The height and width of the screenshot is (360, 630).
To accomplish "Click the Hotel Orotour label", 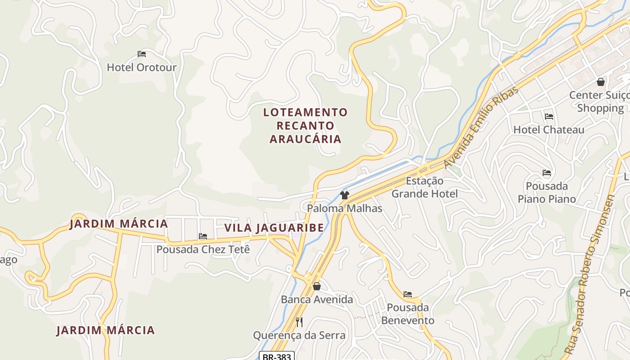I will [x=141, y=67].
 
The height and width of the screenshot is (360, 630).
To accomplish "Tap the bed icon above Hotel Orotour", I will [x=142, y=54].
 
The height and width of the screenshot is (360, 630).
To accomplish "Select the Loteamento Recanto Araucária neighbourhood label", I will [x=306, y=126].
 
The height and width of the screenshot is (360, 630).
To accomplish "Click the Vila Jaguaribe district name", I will [x=274, y=228].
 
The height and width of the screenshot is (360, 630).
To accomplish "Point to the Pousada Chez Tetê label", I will [x=203, y=249].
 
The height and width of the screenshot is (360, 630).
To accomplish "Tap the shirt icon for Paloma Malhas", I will [x=345, y=195].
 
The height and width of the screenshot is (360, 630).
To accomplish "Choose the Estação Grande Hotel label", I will [x=424, y=188].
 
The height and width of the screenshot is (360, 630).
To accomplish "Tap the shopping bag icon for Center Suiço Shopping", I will [x=600, y=82].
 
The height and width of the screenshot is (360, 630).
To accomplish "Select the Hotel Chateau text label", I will [x=549, y=130].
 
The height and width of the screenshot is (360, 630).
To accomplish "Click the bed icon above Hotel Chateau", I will [x=549, y=117].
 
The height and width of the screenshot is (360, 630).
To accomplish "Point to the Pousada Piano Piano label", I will [x=546, y=193].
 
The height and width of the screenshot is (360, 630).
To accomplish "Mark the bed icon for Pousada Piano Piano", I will [x=547, y=173].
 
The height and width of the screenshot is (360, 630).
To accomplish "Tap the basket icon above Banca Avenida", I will [x=317, y=286].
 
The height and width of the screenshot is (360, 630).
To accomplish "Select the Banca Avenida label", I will [x=317, y=300].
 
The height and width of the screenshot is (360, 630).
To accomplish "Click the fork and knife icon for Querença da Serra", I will [x=299, y=322].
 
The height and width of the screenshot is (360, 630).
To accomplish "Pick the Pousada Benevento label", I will [x=408, y=314].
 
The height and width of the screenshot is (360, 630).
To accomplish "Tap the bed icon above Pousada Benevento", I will [x=408, y=294].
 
